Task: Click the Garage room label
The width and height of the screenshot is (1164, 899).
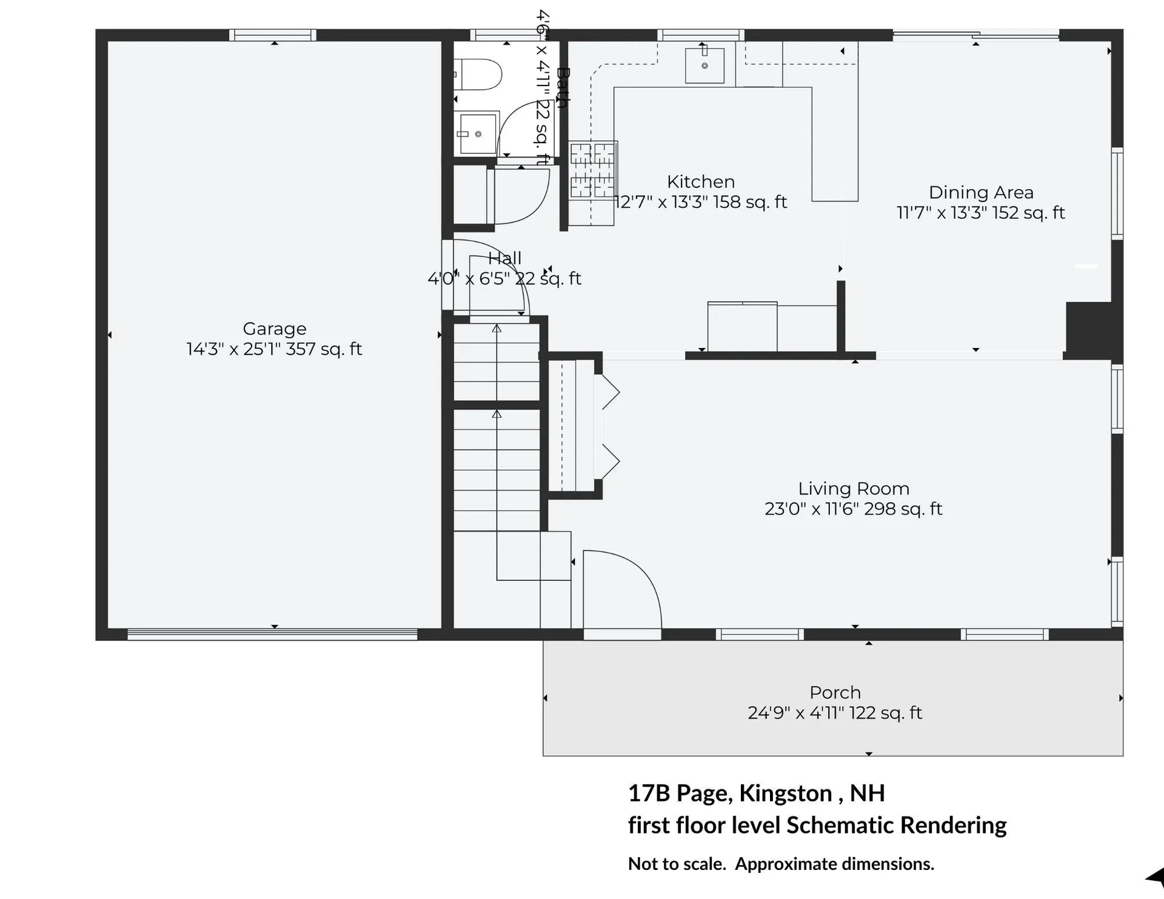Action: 274,329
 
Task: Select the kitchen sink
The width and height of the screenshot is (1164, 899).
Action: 704,65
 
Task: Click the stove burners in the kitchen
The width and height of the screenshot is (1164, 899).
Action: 592,170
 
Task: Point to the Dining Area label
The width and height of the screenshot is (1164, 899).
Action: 981,193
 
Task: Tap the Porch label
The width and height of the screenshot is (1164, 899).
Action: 835,692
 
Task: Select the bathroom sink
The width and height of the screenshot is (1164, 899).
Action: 478,134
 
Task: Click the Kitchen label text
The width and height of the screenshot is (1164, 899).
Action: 701,182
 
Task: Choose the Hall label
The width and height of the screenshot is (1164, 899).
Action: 504,258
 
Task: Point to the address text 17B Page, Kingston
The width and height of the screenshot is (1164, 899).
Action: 756,793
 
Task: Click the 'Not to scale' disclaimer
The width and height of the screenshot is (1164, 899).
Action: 781,864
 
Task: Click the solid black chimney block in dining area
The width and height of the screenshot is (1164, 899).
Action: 1089,330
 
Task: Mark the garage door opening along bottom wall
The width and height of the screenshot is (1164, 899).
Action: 272,635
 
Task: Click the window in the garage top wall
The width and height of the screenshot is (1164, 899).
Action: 273,35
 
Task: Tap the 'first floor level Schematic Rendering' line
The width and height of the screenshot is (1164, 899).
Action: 817,825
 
